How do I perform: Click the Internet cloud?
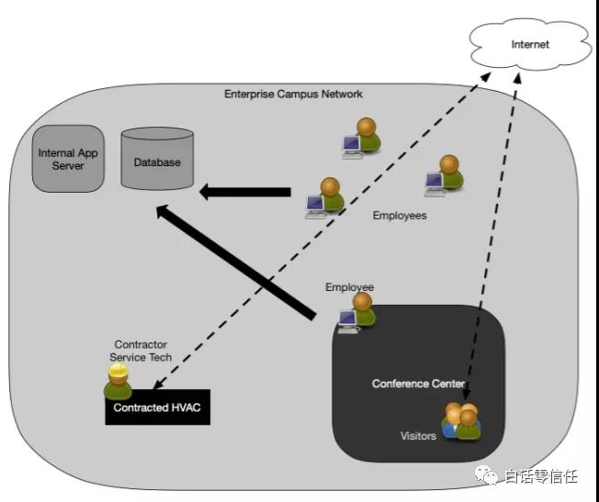[x=530, y=45]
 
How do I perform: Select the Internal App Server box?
[x=68, y=159]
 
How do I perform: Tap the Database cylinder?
[x=157, y=159]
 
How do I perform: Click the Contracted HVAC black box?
[x=157, y=407]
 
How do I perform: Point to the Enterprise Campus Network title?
[x=293, y=94]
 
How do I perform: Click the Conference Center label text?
[x=418, y=384]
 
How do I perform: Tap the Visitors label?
[x=418, y=436]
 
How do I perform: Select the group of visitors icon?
[x=461, y=421]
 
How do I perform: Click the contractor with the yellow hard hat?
[x=118, y=382]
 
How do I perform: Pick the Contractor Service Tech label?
[x=141, y=351]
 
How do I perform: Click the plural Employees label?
[x=400, y=216]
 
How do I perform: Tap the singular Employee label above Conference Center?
[x=349, y=287]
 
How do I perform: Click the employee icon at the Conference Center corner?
[x=357, y=313]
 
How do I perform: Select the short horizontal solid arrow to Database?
[x=245, y=192]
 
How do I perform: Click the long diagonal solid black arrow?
[x=236, y=262]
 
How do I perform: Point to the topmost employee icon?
[x=361, y=139]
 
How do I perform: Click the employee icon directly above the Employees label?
[x=445, y=175]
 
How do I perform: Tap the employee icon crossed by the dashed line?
[x=325, y=197]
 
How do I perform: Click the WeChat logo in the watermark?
[x=486, y=474]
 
